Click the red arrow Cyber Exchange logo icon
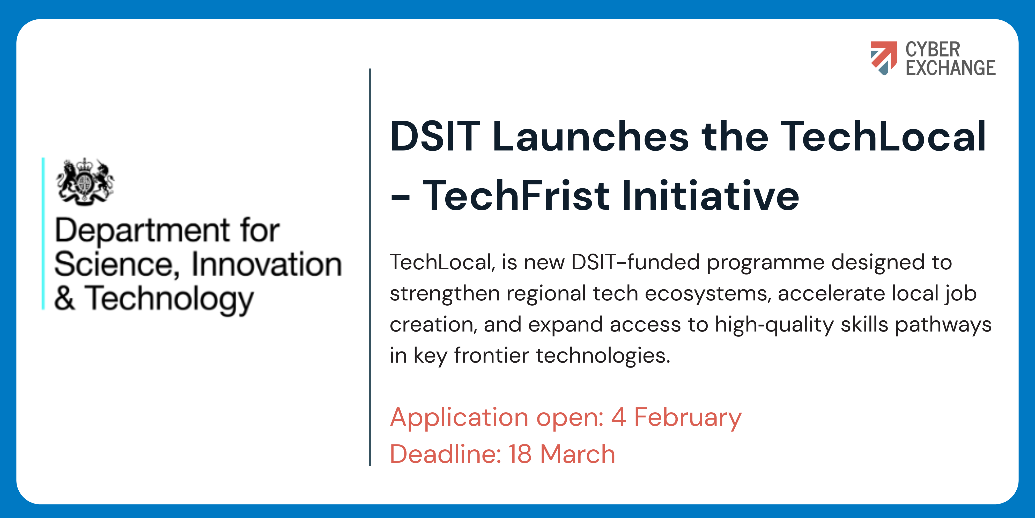click(x=884, y=58)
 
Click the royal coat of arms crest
click(x=85, y=182)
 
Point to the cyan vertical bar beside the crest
click(x=43, y=234)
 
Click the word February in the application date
click(x=688, y=418)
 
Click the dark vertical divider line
click(x=370, y=268)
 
